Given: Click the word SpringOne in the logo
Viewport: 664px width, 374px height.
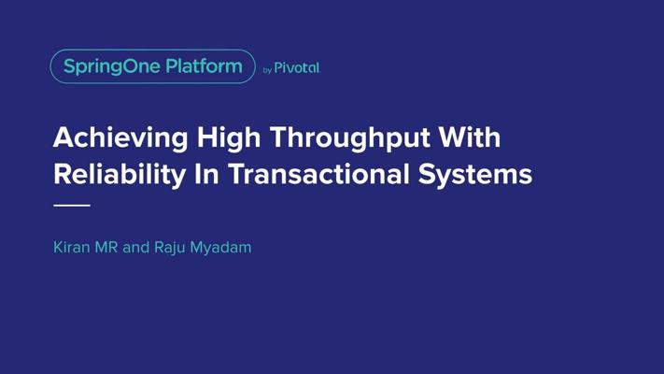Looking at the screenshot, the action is (112, 67).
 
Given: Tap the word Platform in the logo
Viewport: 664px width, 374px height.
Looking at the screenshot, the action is (204, 66).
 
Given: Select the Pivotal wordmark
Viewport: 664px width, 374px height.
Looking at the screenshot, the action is (297, 68).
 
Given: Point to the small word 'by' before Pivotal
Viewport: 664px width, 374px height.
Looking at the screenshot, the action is (267, 70).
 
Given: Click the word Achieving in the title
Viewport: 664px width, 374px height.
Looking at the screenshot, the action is (120, 138).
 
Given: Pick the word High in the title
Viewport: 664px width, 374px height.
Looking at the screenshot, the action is (229, 138).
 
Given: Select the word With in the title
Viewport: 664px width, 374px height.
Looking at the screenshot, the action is (470, 137).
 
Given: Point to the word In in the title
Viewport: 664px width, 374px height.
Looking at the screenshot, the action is (206, 174).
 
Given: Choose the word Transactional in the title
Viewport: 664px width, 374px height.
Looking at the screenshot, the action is (318, 174).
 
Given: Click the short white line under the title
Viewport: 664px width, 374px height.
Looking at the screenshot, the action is (72, 206).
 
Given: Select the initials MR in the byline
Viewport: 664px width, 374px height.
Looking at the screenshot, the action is (106, 247).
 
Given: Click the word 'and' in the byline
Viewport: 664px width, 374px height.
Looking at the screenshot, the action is (136, 247).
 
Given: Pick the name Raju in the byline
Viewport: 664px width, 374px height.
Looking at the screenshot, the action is (169, 248).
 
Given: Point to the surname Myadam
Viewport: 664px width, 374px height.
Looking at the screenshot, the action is (220, 248).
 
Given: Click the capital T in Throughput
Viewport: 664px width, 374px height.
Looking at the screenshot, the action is (279, 137).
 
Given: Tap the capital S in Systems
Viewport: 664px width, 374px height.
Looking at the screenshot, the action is (427, 174).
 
